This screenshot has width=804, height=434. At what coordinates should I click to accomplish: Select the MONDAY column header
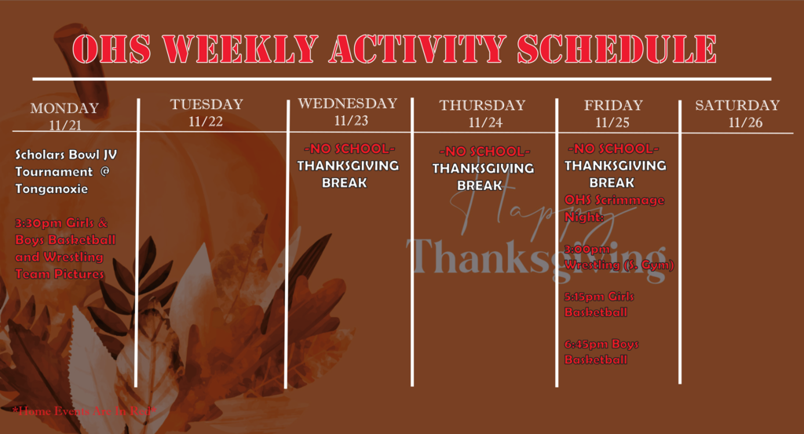(64, 108)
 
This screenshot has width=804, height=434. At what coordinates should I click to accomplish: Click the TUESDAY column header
(206, 104)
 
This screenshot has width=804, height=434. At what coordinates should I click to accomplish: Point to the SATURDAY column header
(737, 105)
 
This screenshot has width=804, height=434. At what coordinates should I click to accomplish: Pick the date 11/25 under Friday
(613, 122)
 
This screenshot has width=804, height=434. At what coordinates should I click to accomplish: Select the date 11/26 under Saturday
(745, 122)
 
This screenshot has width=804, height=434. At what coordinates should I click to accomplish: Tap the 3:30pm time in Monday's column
(35, 224)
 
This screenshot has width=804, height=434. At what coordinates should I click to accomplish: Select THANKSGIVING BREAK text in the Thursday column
(483, 177)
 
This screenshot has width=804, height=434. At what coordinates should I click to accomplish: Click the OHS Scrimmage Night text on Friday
(614, 208)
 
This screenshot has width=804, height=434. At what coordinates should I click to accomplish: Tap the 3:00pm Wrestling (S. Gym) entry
(619, 257)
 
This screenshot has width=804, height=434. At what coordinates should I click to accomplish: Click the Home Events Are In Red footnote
(85, 410)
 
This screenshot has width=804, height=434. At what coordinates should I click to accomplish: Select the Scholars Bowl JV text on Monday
(64, 153)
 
